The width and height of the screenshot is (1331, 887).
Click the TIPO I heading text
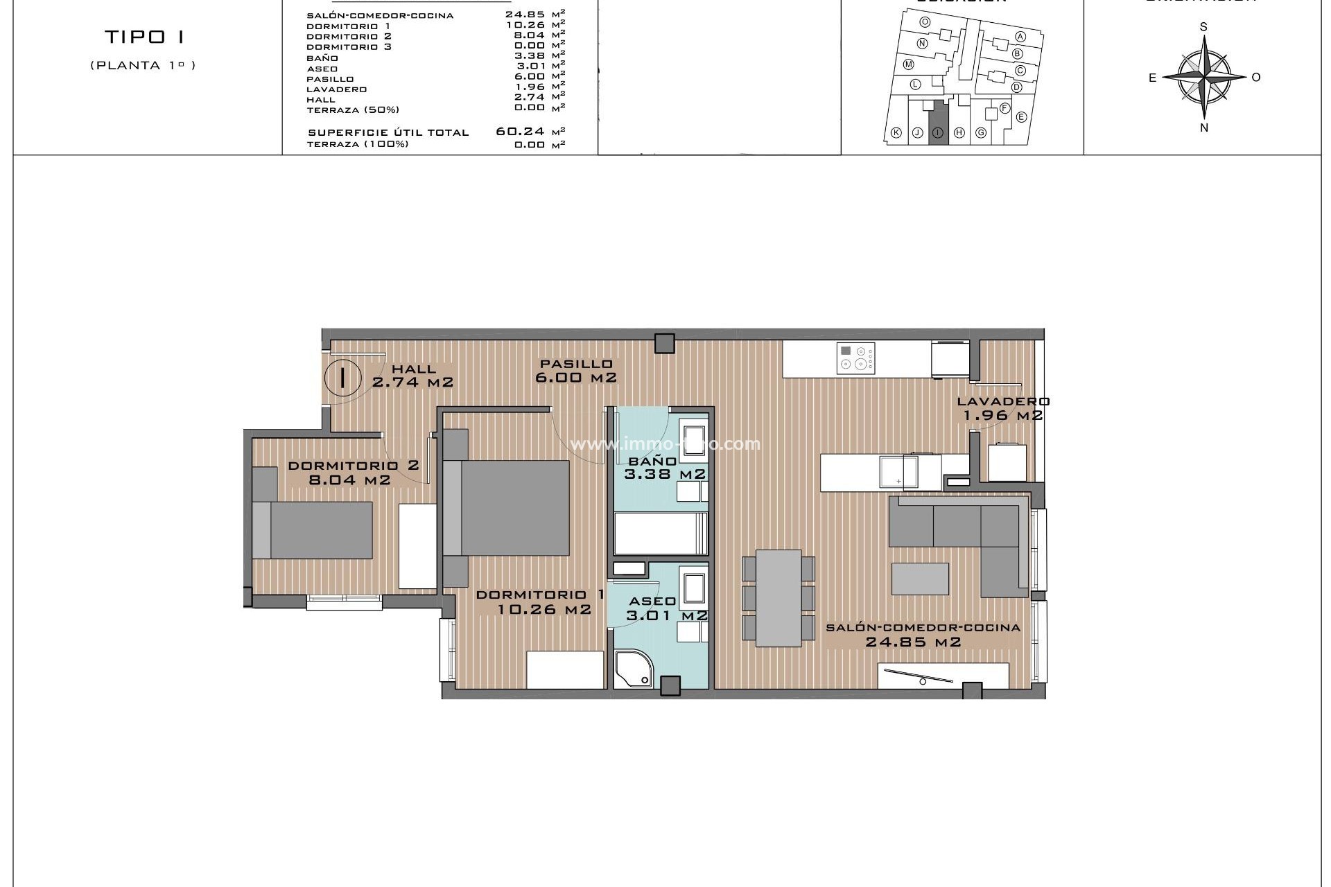coord(145,37)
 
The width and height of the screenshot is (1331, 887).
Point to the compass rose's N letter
coord(1204,128)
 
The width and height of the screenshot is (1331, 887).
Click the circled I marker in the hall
coord(343,378)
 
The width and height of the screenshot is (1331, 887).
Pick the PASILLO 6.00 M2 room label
coord(576,371)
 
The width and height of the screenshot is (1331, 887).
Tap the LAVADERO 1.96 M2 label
coord(1002,409)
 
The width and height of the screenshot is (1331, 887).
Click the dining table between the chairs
coord(778,598)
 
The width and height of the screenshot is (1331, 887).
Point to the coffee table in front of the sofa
coord(920,579)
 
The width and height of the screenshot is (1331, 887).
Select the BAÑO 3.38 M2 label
coord(663,468)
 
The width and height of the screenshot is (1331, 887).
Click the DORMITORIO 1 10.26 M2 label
coord(541,602)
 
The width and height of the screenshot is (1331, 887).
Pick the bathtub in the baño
coord(661,534)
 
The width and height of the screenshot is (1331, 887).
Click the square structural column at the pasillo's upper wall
coord(665,343)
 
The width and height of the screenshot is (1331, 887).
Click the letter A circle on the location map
coord(1020,37)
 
